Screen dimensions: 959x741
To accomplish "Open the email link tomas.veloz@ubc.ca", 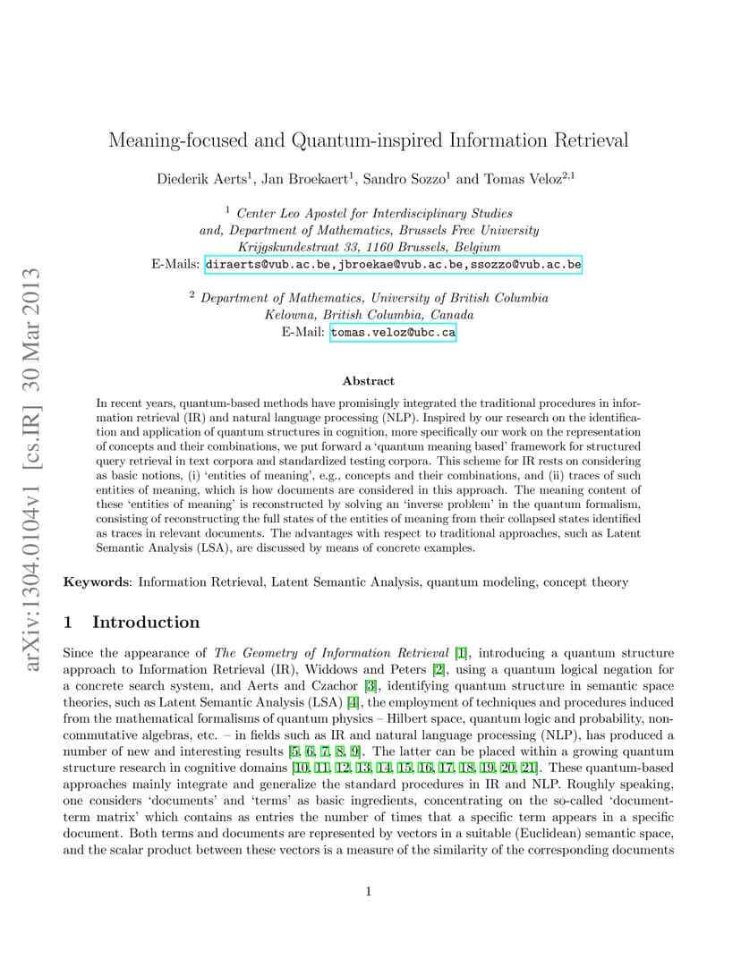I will [393, 332].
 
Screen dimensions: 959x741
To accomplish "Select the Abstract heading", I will [369, 380].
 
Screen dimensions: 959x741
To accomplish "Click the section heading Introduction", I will [146, 623].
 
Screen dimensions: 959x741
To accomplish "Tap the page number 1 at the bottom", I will [369, 891].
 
